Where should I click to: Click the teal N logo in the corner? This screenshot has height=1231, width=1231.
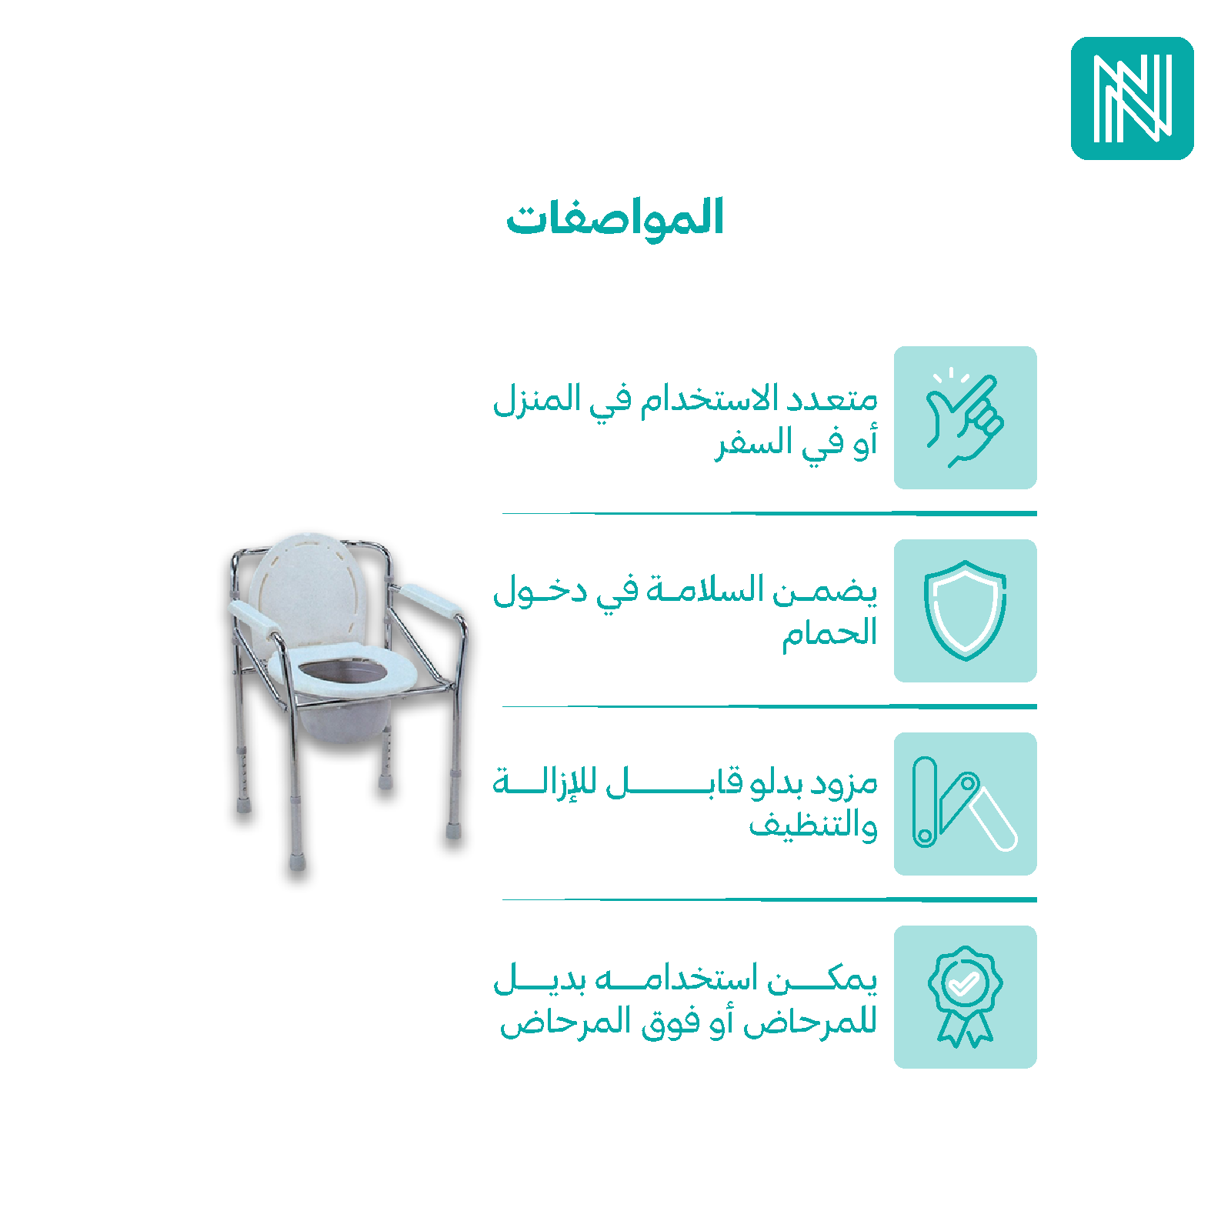tap(1132, 98)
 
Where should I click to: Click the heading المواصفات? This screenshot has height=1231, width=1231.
tap(615, 218)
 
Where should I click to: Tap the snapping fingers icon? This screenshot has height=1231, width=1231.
tap(965, 418)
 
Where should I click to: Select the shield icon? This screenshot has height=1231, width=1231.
tap(965, 611)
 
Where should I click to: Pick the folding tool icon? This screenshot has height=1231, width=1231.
tap(965, 803)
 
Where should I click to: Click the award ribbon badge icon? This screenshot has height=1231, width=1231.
tap(965, 997)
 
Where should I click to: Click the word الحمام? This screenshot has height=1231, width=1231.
tap(829, 634)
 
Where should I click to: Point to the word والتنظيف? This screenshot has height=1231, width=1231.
tap(813, 826)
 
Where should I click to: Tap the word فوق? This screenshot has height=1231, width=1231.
tap(670, 1024)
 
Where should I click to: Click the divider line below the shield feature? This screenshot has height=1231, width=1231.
tap(769, 706)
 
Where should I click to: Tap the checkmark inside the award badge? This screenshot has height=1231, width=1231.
tap(963, 982)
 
